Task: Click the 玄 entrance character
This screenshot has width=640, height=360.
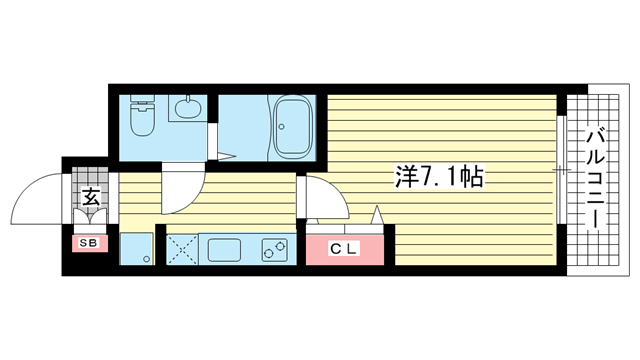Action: point(90,198)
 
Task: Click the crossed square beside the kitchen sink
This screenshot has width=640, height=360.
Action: point(181,248)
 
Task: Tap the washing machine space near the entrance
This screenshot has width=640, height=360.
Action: point(137,248)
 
